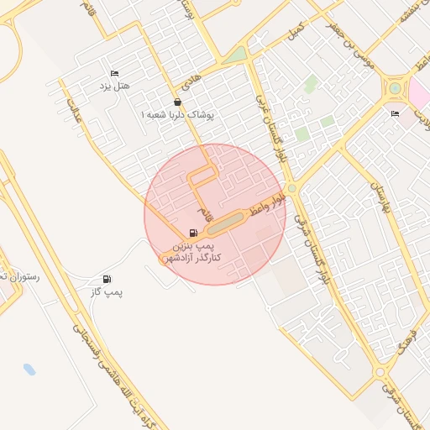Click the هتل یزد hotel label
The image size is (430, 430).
(117, 87)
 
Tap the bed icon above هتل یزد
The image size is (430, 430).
(114, 74)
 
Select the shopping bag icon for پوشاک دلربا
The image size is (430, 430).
(176, 102)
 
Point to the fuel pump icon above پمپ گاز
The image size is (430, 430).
(106, 279)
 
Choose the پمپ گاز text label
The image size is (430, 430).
(107, 291)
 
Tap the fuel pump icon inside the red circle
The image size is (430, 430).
(194, 233)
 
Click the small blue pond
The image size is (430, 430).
(30, 370)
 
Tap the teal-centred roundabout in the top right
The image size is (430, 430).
(394, 88)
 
